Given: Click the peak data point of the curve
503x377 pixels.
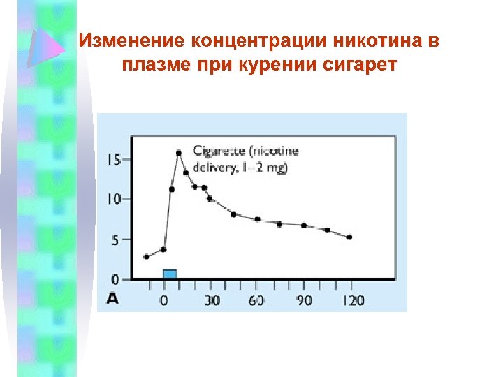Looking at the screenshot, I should pyautogui.click(x=179, y=152).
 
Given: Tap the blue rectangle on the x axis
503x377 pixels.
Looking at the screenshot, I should pyautogui.click(x=170, y=274).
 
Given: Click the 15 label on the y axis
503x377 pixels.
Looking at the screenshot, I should pyautogui.click(x=112, y=159).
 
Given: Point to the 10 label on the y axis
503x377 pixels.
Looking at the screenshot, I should pyautogui.click(x=112, y=200).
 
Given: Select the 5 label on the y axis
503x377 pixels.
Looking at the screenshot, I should pyautogui.click(x=116, y=239).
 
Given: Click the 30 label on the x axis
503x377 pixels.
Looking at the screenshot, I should pyautogui.click(x=211, y=300).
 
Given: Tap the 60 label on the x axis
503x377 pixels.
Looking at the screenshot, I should pyautogui.click(x=256, y=300).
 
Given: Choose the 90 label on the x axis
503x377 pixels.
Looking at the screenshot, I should pyautogui.click(x=303, y=300).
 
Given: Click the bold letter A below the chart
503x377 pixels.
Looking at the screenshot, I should pyautogui.click(x=112, y=299).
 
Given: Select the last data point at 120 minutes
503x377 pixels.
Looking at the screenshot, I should pyautogui.click(x=349, y=237).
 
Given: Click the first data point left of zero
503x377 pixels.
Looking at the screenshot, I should pyautogui.click(x=146, y=257).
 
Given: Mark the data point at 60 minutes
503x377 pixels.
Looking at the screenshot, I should pyautogui.click(x=257, y=219).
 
